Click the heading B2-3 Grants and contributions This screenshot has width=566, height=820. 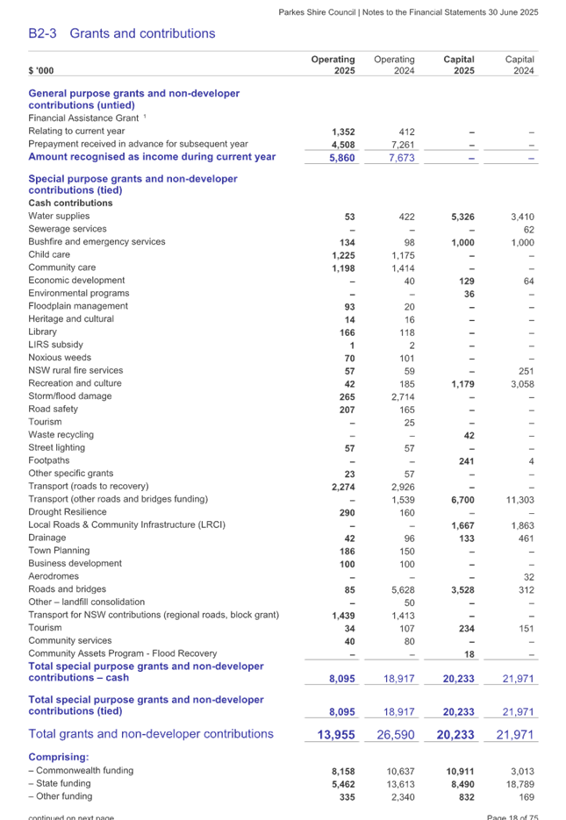(x=121, y=34)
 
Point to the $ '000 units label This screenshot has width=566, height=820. (x=41, y=70)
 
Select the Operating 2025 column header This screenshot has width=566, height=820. (x=333, y=65)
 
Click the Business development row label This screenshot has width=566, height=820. (x=72, y=563)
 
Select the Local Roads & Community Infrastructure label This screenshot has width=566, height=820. (x=126, y=524)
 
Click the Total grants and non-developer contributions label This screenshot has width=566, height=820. (x=151, y=733)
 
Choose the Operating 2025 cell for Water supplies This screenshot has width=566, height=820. (x=349, y=216)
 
